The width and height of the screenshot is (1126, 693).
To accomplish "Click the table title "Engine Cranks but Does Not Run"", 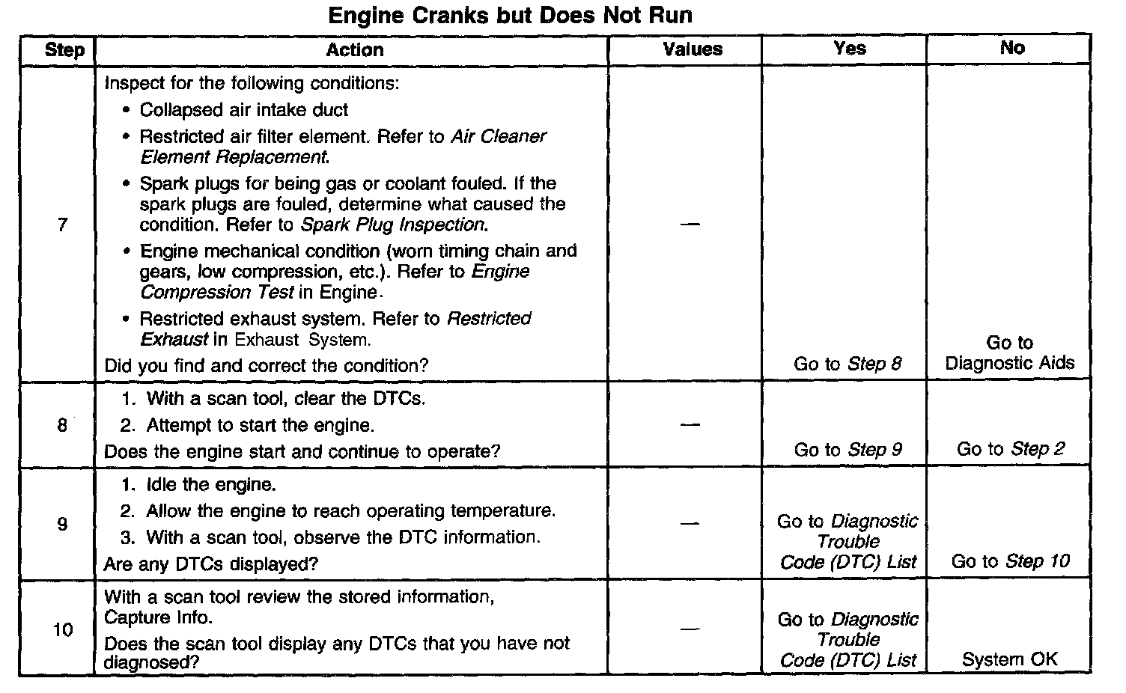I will pyautogui.click(x=511, y=16).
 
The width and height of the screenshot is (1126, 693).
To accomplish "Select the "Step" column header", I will pyautogui.click(x=64, y=50).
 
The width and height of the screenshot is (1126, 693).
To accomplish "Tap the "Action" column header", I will pyautogui.click(x=355, y=50).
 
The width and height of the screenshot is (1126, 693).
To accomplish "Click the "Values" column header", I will pyautogui.click(x=693, y=50).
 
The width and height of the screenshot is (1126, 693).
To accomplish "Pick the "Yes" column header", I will pyautogui.click(x=850, y=49).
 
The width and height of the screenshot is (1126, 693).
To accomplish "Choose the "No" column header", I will pyautogui.click(x=1012, y=48).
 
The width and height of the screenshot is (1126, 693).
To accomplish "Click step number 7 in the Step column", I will pyautogui.click(x=62, y=225).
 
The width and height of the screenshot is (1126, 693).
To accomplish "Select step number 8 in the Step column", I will pyautogui.click(x=62, y=426).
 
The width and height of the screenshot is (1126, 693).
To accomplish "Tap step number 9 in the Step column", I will pyautogui.click(x=62, y=524).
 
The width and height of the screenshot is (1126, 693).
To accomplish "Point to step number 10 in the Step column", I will pyautogui.click(x=63, y=630).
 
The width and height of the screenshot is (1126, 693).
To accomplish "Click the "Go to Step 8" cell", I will pyautogui.click(x=847, y=364).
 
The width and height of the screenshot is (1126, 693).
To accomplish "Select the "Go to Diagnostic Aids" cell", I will pyautogui.click(x=1009, y=353).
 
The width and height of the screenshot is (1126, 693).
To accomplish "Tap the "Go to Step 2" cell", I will pyautogui.click(x=1010, y=449).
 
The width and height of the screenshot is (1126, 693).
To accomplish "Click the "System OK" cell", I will pyautogui.click(x=1009, y=659).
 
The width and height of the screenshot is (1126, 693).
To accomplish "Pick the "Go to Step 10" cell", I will pyautogui.click(x=1010, y=561).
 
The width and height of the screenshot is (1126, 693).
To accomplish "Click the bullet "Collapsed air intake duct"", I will pyautogui.click(x=243, y=110).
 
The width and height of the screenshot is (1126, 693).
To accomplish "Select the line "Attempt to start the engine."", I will pyautogui.click(x=259, y=426).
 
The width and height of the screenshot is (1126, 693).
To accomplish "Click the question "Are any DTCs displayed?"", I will pyautogui.click(x=211, y=564).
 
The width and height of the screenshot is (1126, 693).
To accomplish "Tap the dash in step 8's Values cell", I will pyautogui.click(x=690, y=425).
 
